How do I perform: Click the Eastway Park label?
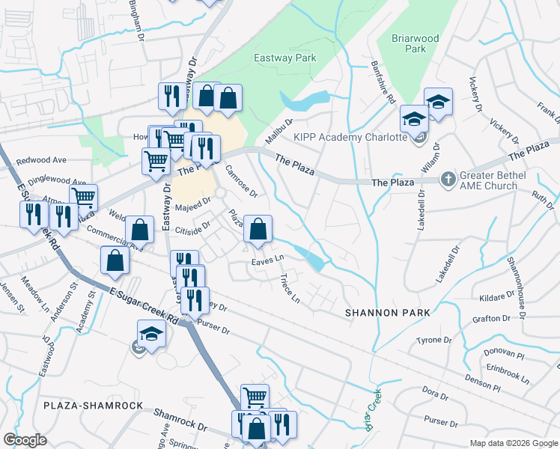pos(285,58)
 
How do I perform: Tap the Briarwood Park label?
pos(415,43)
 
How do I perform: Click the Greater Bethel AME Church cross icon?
pos(448,179)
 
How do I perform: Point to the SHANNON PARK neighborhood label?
pos(388,312)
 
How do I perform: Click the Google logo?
pos(25,440)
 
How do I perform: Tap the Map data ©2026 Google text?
pos(513,443)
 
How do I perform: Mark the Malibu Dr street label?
pos(279,132)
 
